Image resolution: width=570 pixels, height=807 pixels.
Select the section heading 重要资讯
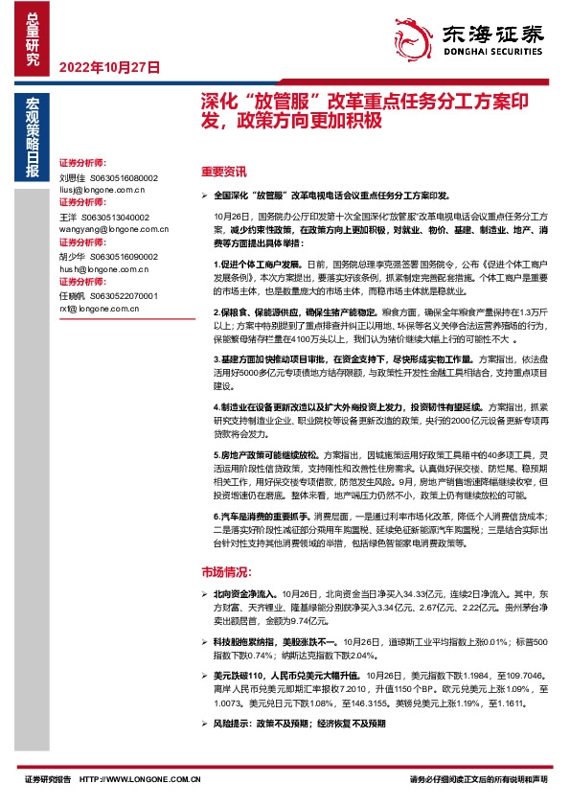pyautogui.click(x=224, y=173)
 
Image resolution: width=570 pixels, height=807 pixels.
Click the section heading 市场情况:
pyautogui.click(x=226, y=572)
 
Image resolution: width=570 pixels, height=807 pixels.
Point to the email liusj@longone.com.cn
pyautogui.click(x=100, y=191)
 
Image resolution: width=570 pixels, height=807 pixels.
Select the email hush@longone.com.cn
pyautogui.click(x=102, y=270)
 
